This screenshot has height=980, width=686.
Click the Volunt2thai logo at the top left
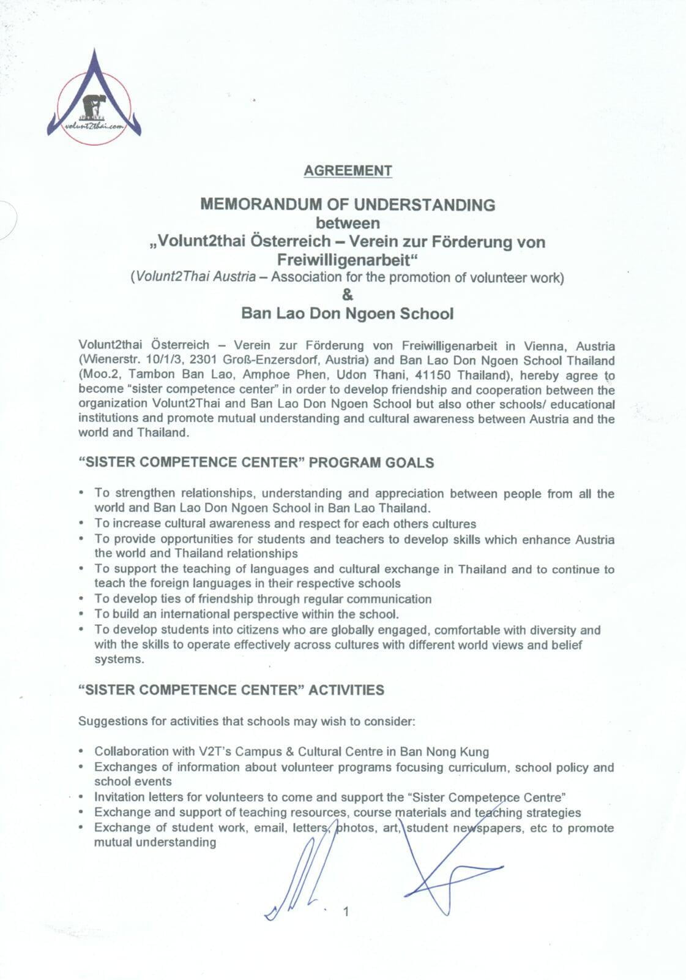pos(94,98)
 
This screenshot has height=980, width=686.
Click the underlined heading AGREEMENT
pos(348,171)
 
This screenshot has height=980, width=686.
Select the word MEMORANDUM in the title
pos(255,205)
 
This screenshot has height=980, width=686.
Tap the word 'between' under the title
pos(348,223)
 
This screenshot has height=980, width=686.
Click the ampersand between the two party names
pos(348,295)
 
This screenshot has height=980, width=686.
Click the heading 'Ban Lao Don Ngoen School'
pos(348,314)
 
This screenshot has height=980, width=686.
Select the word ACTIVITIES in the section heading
pos(346,690)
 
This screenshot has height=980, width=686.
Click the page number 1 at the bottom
pos(346,911)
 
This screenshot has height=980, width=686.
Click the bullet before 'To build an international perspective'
pos(81,614)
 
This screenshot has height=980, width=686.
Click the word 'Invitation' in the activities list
pos(119,797)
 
